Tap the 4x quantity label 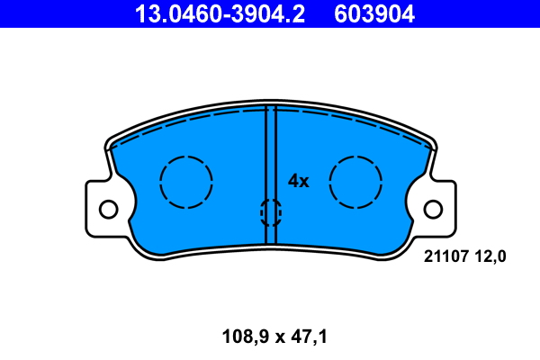[298, 181]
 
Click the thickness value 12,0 [490, 256]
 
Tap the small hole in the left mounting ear [108, 209]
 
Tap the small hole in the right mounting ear [433, 209]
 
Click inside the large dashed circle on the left [186, 182]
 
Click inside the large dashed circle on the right [355, 182]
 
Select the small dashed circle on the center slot [270, 212]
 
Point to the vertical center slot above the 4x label [270, 144]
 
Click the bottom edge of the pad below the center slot [270, 245]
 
